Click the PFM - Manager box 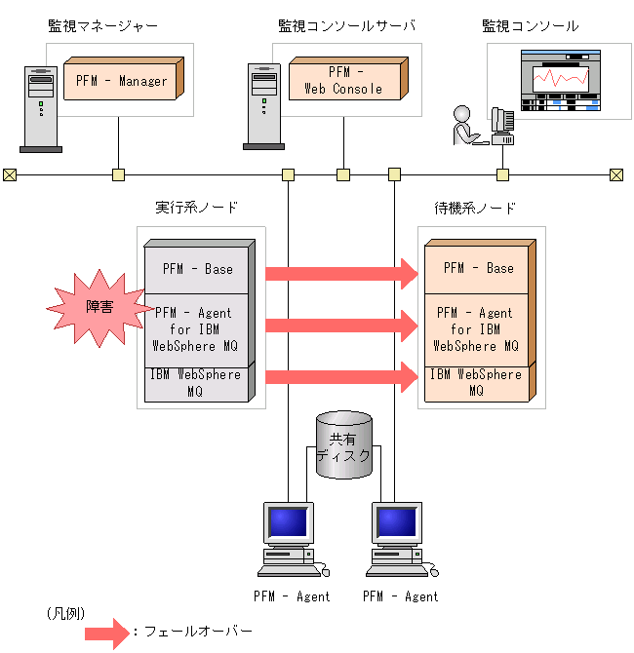point(121,80)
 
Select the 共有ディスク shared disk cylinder point(344,445)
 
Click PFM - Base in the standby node point(477,268)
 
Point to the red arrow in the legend point(106,633)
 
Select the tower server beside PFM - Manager point(40,107)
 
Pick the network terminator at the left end point(10,175)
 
